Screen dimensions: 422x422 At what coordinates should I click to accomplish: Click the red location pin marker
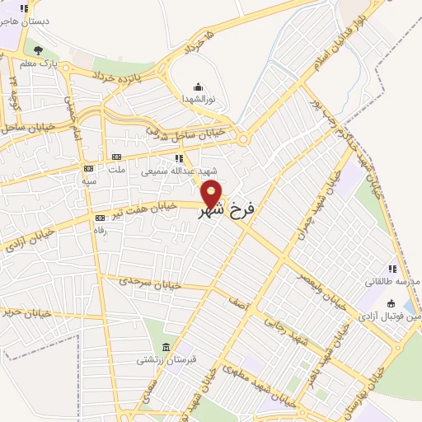[x=212, y=193]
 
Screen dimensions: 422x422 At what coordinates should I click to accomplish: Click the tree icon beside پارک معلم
[x=38, y=50]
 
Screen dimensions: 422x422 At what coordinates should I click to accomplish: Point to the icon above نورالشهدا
[x=198, y=87]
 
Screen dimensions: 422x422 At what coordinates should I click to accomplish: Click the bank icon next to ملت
[x=115, y=157]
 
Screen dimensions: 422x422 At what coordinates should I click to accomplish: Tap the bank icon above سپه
[x=88, y=167]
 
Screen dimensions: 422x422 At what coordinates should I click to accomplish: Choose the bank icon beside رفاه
[x=101, y=218]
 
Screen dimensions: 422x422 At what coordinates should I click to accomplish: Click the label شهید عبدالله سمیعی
[x=171, y=171]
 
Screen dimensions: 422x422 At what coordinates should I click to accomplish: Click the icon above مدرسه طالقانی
[x=393, y=269]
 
